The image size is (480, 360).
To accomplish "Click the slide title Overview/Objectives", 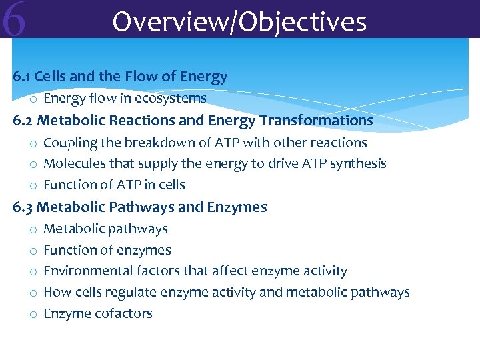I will tap(239, 21).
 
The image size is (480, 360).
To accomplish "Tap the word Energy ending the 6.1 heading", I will tap(205, 77).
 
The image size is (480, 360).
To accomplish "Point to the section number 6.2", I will tap(23, 121).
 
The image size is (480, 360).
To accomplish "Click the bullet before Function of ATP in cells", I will tap(32, 185).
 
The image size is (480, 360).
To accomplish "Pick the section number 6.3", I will tap(23, 207).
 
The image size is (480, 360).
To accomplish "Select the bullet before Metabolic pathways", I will tap(32, 230).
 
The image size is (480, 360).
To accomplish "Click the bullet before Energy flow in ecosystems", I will tap(32, 99).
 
